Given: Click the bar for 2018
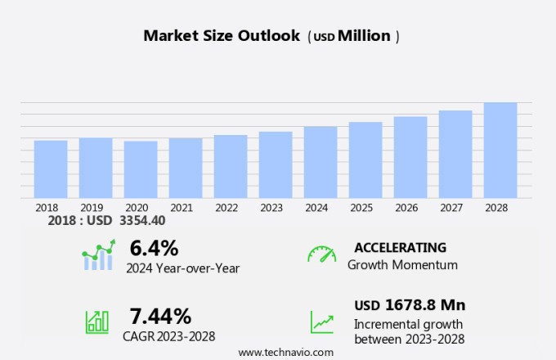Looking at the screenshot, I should coord(51,169).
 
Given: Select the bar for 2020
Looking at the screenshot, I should coord(141,169).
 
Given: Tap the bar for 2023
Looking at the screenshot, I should coord(276,164).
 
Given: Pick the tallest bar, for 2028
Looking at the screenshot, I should coord(500,150).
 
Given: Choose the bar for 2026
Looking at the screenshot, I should coord(410,157).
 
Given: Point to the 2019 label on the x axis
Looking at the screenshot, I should coord(92,208).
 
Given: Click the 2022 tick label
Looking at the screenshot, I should coord(226,208).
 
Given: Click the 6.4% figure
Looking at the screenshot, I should coord(154,247).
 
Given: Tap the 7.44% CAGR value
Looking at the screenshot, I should coord(160,316).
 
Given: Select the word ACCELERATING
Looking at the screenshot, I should coord(400,247).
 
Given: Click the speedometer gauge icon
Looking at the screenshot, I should coord(322,254).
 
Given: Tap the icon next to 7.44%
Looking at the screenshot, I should coord(97,322).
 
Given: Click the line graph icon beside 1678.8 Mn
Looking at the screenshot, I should coord(322,322).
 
